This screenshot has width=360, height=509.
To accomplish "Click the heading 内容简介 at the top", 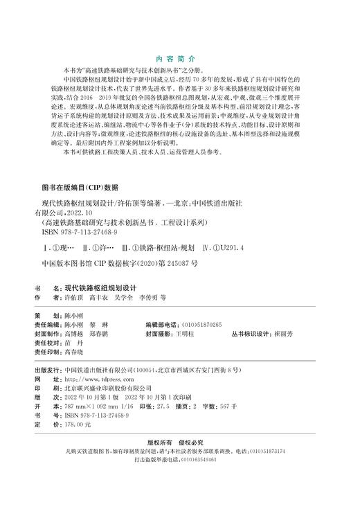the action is [x=179, y=60].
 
